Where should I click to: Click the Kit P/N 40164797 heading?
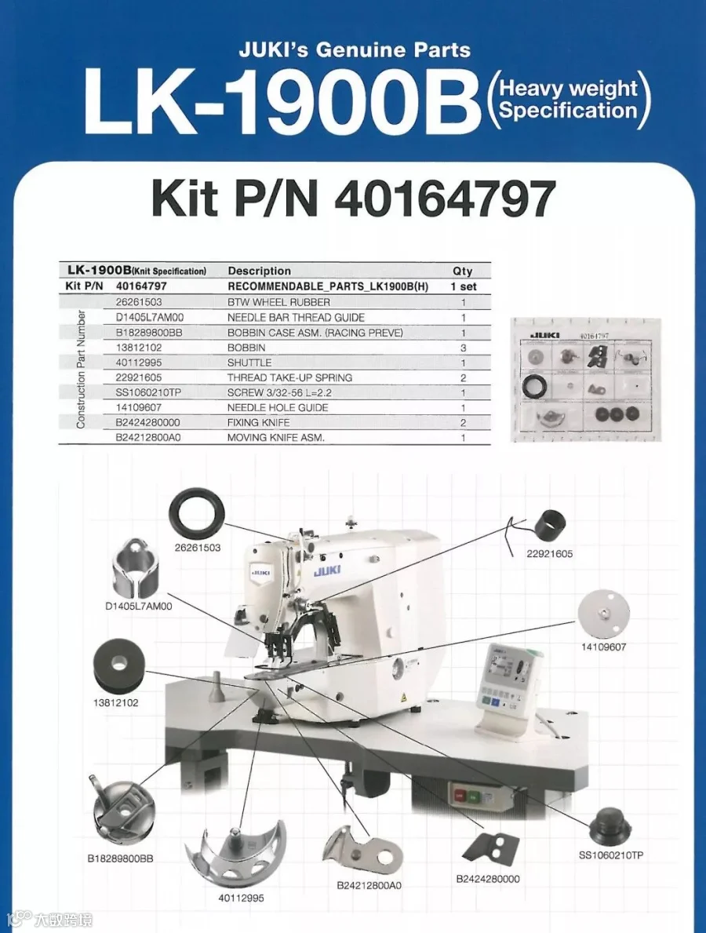354,199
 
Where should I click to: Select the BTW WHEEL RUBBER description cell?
278,302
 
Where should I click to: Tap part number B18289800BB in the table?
149,333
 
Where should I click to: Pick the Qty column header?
462,271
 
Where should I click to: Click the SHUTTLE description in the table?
249,363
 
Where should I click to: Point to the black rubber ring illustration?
198,515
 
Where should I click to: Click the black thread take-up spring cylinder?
550,526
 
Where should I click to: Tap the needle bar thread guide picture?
135,570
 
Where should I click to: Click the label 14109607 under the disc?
604,647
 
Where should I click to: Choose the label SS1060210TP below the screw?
611,855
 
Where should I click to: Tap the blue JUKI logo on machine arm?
327,570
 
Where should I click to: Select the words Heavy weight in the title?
569,89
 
